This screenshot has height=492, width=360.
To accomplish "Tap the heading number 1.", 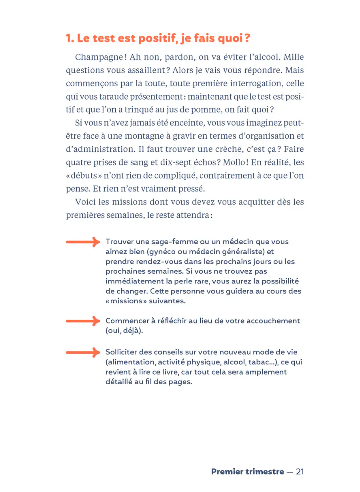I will pos(69,39).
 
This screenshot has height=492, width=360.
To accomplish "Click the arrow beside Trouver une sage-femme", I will pos(82,242).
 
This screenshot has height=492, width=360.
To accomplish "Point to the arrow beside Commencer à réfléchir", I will pos(82,321).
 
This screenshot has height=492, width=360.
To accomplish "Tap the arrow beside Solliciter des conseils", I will pos(82,352).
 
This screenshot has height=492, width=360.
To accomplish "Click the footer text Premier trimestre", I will pos(247,472).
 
